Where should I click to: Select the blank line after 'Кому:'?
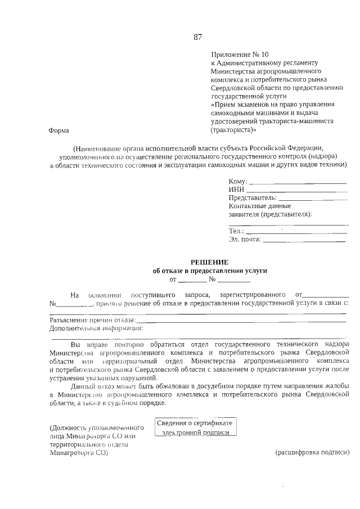[298, 183]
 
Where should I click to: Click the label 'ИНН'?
[236, 190]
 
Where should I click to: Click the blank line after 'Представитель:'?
[313, 199]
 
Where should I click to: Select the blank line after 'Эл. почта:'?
[304, 241]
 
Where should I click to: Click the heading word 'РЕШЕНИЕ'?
[209, 262]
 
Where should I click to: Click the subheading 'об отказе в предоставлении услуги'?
[210, 271]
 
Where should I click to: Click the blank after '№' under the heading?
[234, 280]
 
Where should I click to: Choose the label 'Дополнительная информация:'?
[96, 328]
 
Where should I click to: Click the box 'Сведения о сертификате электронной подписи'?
[196, 427]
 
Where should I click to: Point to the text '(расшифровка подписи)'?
[312, 453]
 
